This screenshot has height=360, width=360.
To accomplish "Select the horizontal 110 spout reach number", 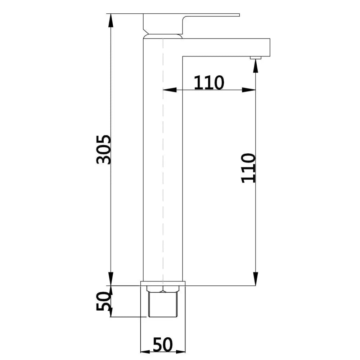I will [209, 83].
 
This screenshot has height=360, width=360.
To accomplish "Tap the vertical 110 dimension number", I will [248, 168].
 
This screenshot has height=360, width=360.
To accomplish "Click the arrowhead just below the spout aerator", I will [256, 65].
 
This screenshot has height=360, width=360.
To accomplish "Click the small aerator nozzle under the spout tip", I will [256, 57].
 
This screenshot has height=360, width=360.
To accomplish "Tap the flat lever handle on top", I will [209, 17].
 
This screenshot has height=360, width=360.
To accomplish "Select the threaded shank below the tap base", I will [163, 304].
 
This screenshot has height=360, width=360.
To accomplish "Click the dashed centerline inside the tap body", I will [163, 162].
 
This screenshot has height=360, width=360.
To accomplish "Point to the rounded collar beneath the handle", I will [163, 36].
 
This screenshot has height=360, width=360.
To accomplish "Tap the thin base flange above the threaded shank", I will [163, 283].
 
